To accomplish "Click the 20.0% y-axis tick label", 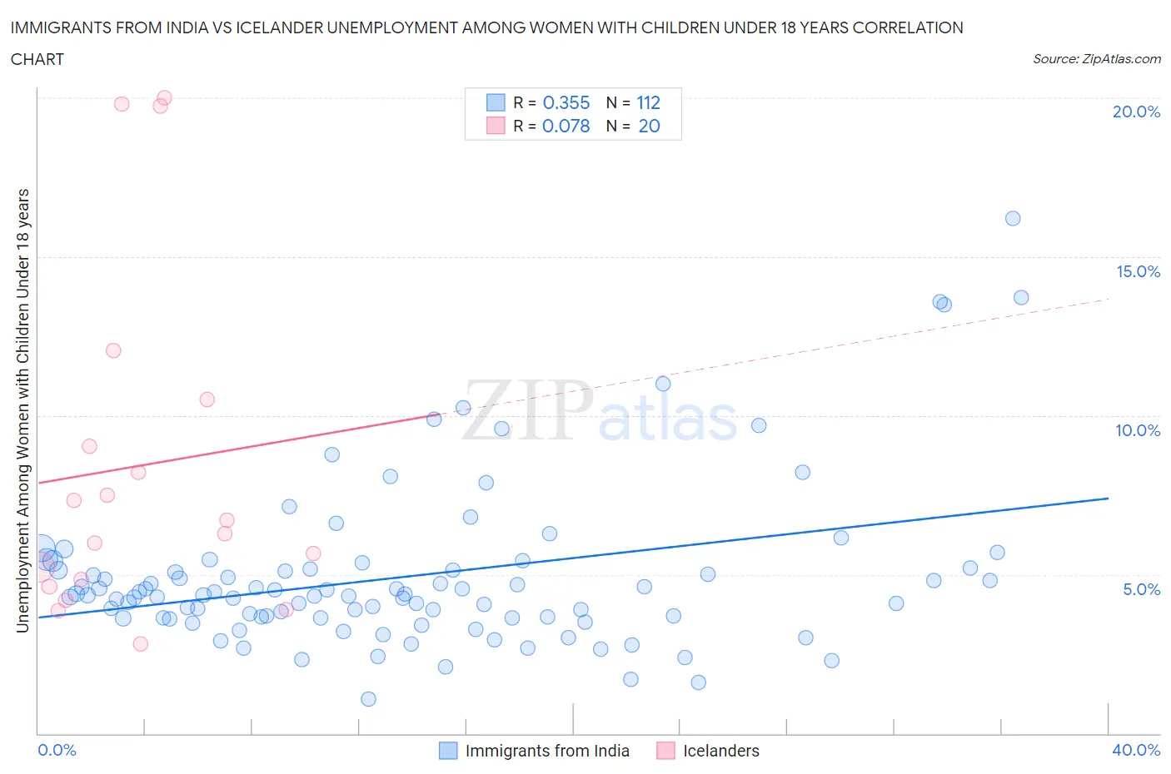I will coord(1136,112).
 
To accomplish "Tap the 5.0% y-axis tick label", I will coord(1141,589).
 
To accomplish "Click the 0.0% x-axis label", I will coord(57,750).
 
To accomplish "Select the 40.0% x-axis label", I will coord(1136,750).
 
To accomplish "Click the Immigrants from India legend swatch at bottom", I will coord(448,751).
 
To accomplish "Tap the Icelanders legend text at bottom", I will coord(721,751).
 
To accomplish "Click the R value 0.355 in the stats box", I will coord(566,102).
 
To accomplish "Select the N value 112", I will coord(648,102).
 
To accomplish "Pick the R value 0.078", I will coord(566,126).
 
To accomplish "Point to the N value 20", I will coord(649,126).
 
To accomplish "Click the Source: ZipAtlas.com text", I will coord(1096,58).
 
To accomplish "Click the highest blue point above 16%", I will coord(1013,218).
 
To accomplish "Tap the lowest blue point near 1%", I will coord(368,699).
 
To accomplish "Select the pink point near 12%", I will coord(113,350).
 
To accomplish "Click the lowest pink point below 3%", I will coord(141,644).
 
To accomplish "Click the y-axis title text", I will coord(22,409).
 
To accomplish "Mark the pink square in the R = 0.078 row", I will coord(496,126).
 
